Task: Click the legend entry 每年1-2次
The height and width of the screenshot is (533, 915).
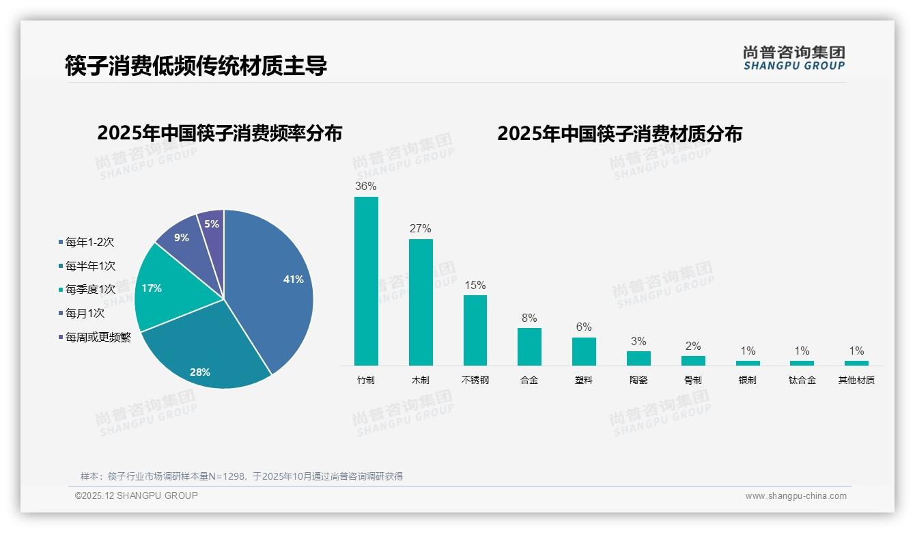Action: click(89, 242)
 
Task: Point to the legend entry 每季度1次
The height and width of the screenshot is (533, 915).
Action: click(90, 289)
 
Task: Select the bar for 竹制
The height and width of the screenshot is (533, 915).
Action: click(366, 281)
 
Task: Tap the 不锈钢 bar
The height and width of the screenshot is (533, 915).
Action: click(475, 330)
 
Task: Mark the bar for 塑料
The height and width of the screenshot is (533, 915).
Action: click(584, 351)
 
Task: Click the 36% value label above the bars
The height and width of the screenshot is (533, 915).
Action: click(366, 186)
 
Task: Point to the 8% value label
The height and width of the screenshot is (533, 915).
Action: click(529, 318)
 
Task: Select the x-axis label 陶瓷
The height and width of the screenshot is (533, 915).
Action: click(638, 380)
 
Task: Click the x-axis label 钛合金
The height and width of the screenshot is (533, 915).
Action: click(802, 380)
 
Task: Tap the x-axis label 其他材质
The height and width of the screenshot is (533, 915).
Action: click(856, 380)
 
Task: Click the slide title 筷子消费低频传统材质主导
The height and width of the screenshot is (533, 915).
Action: click(197, 66)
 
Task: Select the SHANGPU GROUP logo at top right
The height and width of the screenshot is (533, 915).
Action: click(793, 58)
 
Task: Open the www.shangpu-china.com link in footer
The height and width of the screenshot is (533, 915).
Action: click(796, 495)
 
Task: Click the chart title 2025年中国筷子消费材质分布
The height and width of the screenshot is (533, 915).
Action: click(619, 133)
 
